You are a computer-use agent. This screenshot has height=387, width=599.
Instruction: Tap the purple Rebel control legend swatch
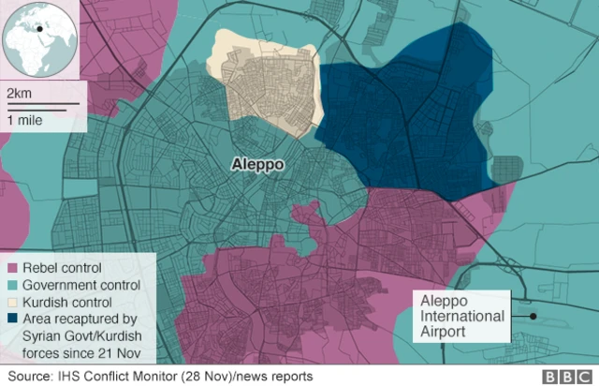14,268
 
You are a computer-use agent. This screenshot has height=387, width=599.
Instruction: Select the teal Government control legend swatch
14,285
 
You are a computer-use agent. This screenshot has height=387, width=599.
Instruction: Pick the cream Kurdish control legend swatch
14,303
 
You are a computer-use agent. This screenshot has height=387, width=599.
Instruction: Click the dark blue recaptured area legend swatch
14,320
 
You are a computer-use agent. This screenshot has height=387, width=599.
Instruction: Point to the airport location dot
533,316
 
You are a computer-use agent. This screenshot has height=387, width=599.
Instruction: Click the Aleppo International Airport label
462,317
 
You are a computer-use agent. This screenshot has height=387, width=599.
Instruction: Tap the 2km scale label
18,94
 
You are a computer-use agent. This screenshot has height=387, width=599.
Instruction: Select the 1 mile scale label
22,121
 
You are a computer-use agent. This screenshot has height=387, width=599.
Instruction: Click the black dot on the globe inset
40,28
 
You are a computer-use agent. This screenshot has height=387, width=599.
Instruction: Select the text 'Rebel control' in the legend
64,268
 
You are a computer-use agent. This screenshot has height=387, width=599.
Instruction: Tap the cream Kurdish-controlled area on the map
267,84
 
